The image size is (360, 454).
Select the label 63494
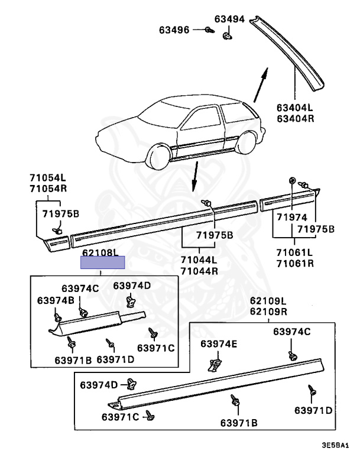(229, 19)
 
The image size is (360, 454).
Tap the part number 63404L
(294, 108)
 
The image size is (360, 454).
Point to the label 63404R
(294, 118)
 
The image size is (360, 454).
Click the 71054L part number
(48, 177)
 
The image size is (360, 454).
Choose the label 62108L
(100, 253)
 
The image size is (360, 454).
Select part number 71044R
(199, 271)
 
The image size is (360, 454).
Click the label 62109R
(268, 312)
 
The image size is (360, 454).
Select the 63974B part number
(56, 300)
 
